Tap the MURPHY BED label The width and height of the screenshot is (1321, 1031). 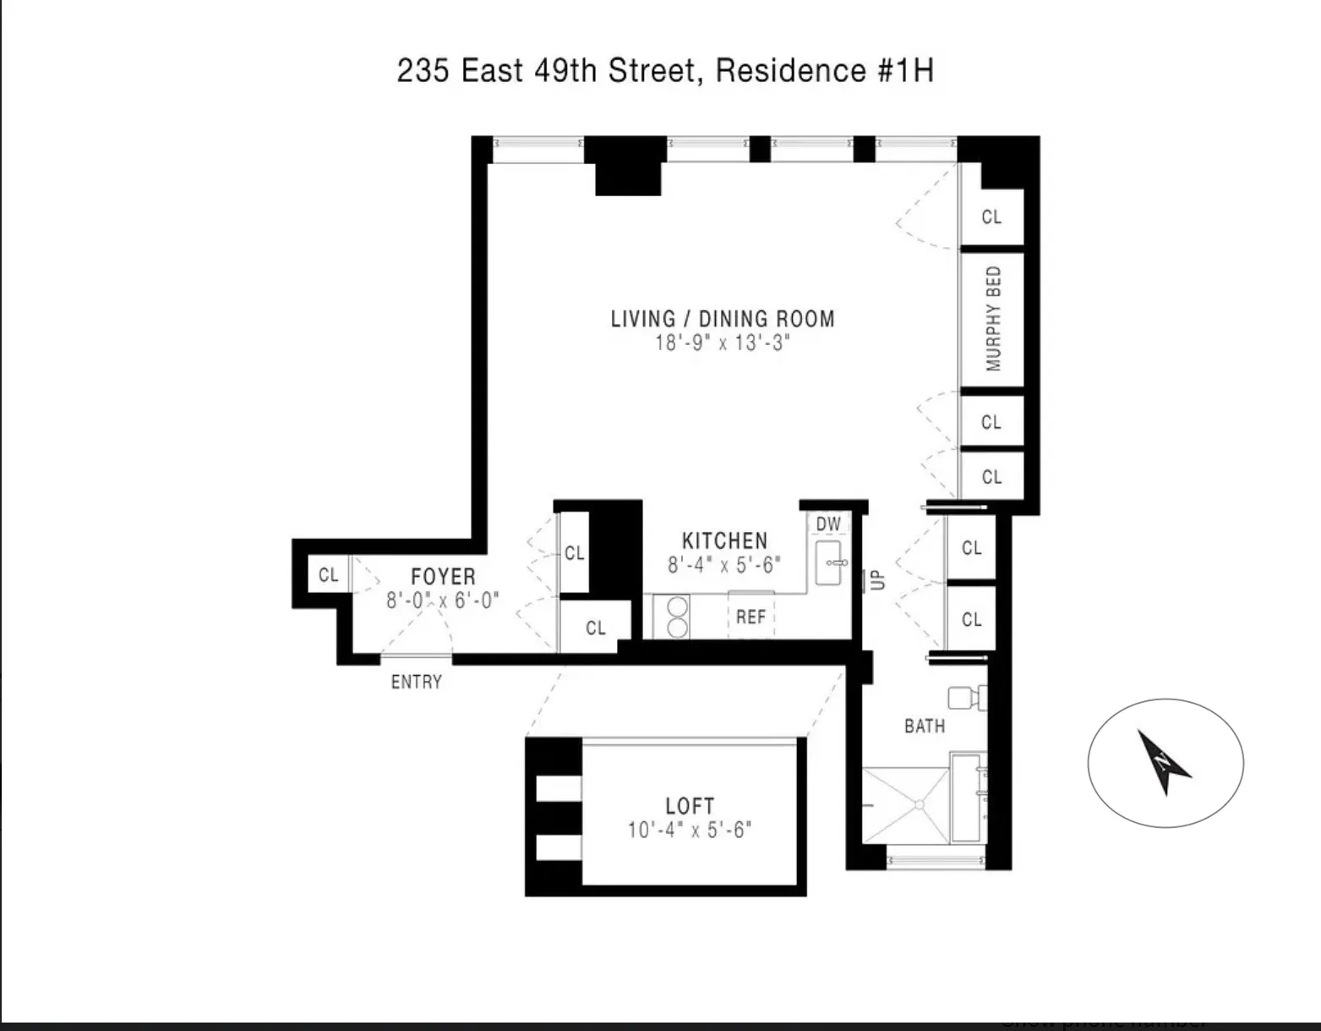pos(993,319)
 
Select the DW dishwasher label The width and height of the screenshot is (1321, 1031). pos(828,524)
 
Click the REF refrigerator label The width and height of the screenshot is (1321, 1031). pos(751,617)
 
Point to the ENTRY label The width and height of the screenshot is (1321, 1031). pos(416,682)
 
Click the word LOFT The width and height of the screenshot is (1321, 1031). pos(690,806)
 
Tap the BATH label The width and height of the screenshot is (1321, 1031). pos(925,726)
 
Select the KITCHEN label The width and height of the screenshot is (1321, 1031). pos(724,541)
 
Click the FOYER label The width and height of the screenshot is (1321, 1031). pos(443,577)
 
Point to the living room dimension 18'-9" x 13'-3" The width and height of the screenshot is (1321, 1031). pos(721,343)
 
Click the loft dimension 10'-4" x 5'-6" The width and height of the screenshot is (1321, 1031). pos(689,831)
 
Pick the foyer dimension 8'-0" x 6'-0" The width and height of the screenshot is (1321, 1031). pos(443,601)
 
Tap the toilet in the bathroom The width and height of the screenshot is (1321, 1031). pos(963,698)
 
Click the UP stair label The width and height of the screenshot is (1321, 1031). pos(877,580)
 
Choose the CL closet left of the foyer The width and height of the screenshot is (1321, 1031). pos(328,575)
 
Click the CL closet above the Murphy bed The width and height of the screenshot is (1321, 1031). pos(991,217)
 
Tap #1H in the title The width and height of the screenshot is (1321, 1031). pos(905,71)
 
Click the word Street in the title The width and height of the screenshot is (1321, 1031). pos(652,71)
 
